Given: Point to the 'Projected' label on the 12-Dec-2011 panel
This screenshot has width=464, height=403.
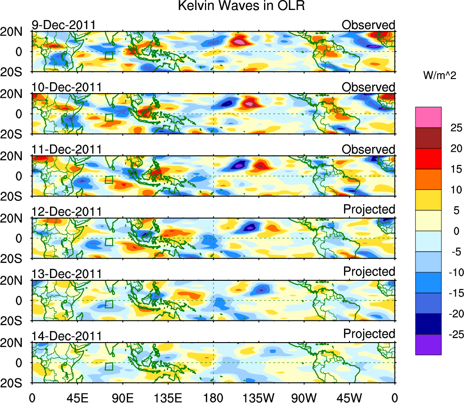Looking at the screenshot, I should pos(369,209).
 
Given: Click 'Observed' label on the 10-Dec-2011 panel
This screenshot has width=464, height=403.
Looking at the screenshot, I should pos(369,87).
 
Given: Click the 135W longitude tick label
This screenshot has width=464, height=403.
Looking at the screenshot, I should pos(258,397).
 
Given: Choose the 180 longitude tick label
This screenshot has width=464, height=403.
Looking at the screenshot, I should pos(213,397).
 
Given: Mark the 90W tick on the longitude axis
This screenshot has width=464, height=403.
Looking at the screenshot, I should pos(304,397).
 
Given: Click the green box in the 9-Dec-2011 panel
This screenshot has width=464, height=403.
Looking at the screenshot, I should pos(109,55).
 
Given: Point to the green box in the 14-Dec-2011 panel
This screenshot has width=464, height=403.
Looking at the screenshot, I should pos(109,367).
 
